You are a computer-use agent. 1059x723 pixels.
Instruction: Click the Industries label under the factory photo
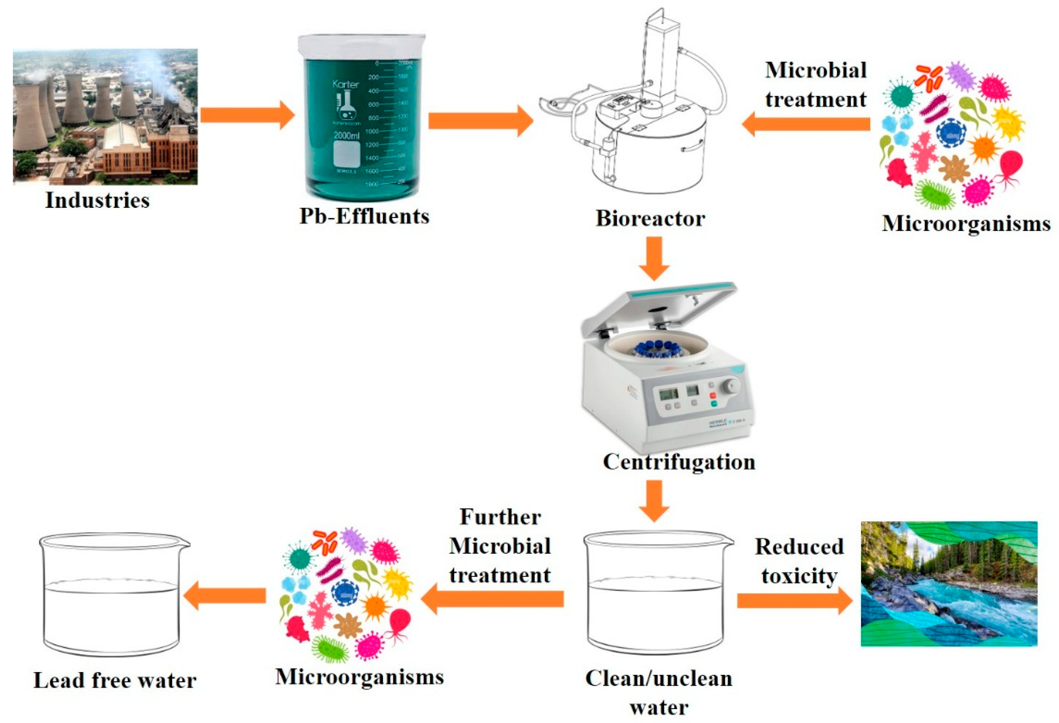(x=97, y=201)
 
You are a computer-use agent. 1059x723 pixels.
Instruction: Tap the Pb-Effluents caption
(x=364, y=216)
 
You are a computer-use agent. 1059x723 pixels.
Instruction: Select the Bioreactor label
(x=650, y=218)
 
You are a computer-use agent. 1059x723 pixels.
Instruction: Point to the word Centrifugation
(x=679, y=462)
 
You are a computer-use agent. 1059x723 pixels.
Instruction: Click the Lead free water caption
(x=115, y=680)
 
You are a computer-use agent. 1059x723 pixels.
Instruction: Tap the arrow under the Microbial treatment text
(x=806, y=124)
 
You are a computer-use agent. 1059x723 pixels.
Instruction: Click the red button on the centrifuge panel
(x=713, y=395)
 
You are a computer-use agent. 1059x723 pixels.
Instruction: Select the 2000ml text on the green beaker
(x=346, y=136)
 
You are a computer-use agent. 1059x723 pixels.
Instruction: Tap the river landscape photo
(x=949, y=584)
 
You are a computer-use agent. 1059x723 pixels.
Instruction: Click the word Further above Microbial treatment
(x=500, y=517)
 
